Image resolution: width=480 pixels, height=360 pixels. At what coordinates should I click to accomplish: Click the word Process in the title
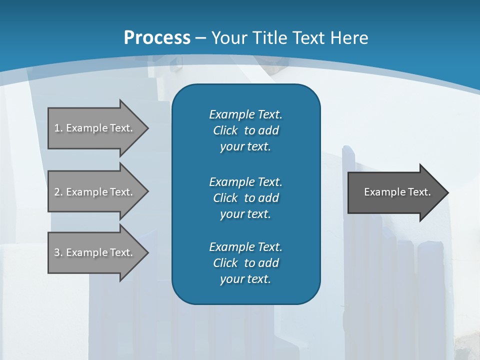(157, 37)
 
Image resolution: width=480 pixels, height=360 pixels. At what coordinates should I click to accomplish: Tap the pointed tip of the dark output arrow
(447, 192)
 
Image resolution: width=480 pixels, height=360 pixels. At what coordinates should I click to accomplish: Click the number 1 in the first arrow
(57, 128)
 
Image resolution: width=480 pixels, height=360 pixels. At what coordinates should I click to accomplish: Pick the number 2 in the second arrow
(57, 192)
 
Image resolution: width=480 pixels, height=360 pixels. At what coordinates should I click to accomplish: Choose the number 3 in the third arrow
(57, 252)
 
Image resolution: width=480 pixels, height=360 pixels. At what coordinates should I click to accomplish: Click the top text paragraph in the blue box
(245, 130)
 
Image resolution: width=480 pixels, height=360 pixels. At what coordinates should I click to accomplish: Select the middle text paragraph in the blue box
(245, 197)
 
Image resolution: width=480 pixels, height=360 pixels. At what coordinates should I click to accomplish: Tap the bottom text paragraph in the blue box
(245, 263)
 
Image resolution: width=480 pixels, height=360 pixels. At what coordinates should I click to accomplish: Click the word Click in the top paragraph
(225, 130)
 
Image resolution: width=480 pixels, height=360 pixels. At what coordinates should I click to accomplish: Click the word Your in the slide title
(227, 37)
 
